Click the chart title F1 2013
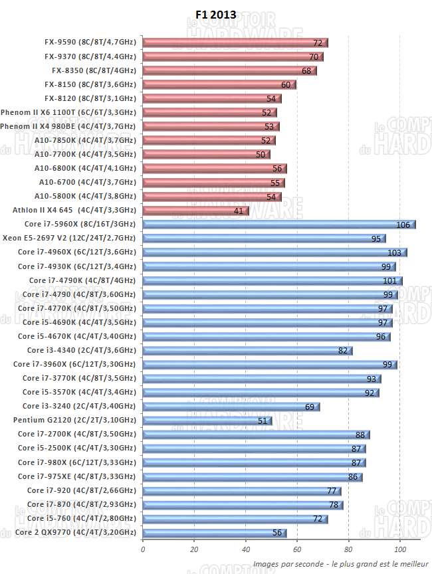215,15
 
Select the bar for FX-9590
235,43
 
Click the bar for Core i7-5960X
279,224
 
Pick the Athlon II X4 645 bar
195,210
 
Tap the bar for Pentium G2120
207,420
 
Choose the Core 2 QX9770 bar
215,532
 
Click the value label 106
403,225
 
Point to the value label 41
239,211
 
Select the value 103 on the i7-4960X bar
395,252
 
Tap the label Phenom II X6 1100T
68,112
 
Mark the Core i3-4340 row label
81,350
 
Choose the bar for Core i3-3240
231,406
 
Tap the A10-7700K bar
206,154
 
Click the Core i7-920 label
81,490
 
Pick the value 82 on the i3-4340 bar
343,351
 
